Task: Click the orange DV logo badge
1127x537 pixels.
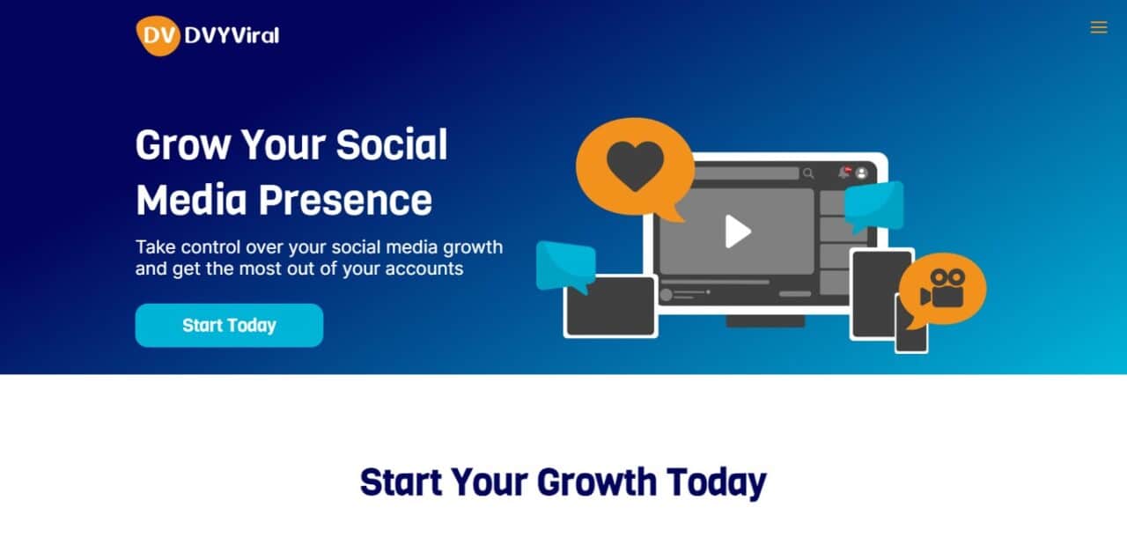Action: click(x=158, y=36)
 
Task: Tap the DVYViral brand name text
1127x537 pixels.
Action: click(x=232, y=36)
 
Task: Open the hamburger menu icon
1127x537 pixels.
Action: click(x=1099, y=27)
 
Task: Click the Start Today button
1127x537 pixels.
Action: click(x=229, y=326)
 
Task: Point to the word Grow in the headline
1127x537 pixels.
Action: click(x=183, y=145)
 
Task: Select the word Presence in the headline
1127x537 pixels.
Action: click(x=345, y=201)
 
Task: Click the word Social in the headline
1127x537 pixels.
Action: click(x=392, y=144)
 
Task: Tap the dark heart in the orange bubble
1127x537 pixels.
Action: click(x=635, y=165)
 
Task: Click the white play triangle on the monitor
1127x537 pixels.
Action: click(x=738, y=232)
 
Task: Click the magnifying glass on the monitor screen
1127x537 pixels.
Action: click(x=808, y=173)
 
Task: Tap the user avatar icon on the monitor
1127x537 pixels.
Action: click(x=861, y=173)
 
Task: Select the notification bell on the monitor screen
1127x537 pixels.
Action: click(x=843, y=173)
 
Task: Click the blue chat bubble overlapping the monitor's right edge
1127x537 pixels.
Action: click(x=874, y=207)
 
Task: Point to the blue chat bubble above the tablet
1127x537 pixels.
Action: click(x=566, y=267)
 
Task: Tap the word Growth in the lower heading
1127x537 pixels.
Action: click(x=597, y=482)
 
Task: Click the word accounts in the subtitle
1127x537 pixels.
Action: click(x=424, y=268)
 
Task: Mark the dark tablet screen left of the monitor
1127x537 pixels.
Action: click(x=611, y=306)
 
